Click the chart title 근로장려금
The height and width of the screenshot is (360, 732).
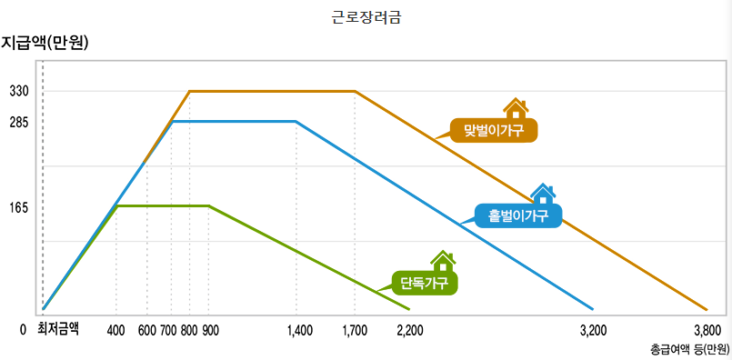point(366,16)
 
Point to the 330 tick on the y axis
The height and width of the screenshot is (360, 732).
point(19,92)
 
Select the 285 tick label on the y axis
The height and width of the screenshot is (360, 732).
point(19,122)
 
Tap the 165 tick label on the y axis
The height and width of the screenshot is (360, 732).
point(19,207)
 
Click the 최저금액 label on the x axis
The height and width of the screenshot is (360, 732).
point(58,329)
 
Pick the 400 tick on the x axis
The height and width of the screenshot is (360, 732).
point(115,330)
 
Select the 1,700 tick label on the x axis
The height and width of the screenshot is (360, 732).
point(355,330)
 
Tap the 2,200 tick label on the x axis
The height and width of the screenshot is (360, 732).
point(410,330)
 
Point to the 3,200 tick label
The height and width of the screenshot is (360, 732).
point(593,330)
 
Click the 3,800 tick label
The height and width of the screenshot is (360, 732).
point(707,330)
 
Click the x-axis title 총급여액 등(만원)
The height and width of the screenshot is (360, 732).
point(689,348)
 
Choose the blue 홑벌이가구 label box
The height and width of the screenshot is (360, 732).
point(518,215)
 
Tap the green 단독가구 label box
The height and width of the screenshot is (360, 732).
point(424,283)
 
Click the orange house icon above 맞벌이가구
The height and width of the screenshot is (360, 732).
point(516,109)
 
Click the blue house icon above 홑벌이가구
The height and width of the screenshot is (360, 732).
point(543,193)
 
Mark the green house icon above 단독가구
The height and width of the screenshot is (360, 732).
point(443,261)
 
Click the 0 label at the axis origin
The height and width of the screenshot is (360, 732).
point(24,330)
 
